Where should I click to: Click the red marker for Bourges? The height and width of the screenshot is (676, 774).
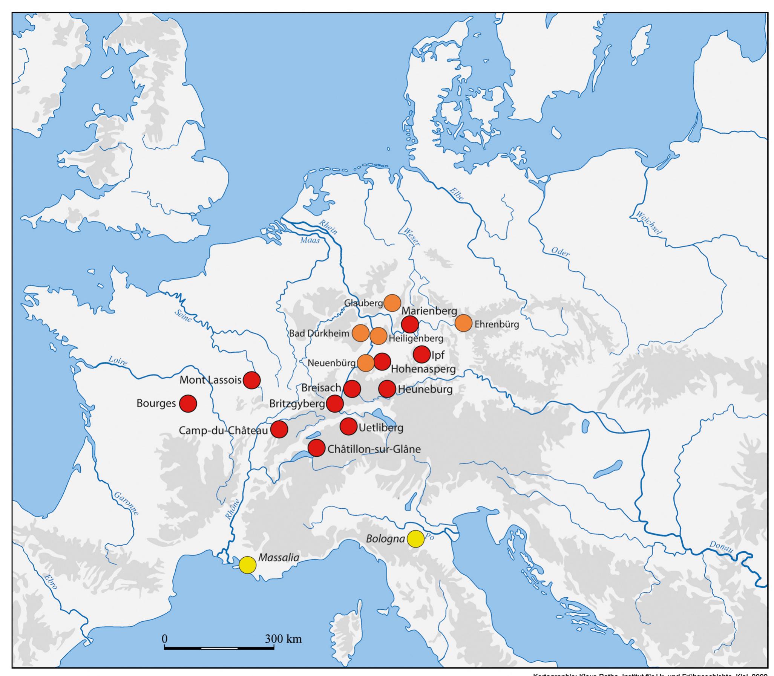(x=188, y=404)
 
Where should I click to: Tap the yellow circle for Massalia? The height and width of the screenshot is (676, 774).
(x=248, y=565)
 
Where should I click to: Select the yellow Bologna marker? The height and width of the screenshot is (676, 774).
(x=415, y=539)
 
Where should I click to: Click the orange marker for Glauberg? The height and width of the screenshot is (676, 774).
(x=392, y=303)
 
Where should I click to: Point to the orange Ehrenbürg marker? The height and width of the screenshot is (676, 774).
(x=463, y=323)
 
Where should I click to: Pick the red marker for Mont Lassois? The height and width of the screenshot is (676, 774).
(x=252, y=380)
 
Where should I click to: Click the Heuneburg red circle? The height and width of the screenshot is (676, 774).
(x=387, y=389)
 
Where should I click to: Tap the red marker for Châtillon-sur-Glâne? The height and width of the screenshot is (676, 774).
(x=316, y=448)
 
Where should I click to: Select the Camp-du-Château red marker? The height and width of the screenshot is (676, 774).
(x=279, y=429)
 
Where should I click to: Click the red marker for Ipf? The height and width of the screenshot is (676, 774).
(x=421, y=354)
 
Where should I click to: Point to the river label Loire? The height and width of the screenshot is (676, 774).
(x=118, y=361)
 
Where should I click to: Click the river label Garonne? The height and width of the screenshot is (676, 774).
(x=126, y=503)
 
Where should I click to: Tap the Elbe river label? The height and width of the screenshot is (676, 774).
(x=457, y=194)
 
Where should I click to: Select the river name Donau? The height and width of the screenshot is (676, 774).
(x=721, y=547)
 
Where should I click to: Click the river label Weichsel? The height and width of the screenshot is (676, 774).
(x=648, y=223)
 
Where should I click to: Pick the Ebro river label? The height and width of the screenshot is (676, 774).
(x=51, y=582)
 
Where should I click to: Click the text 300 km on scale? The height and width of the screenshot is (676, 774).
(x=283, y=639)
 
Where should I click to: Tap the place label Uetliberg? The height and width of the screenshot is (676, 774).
(x=381, y=428)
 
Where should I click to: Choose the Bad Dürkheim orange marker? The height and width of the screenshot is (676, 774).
(x=360, y=333)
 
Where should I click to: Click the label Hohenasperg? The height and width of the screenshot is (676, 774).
(x=423, y=369)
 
